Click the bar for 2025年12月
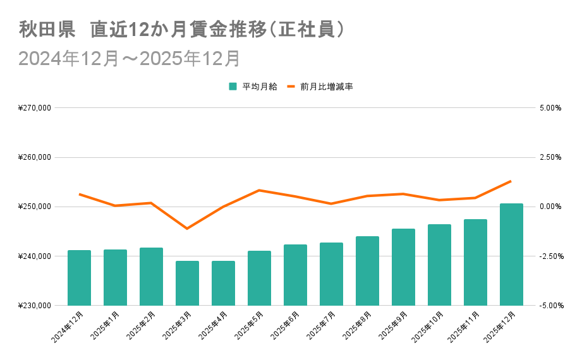[x=511, y=254]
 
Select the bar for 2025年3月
[x=187, y=283]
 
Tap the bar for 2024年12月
[x=79, y=278]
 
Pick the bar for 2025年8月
[x=367, y=271]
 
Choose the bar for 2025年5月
[x=259, y=278]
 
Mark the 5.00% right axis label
[x=550, y=108]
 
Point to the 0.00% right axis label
[x=550, y=207]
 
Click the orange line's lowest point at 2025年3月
[x=187, y=228]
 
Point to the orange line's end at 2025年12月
[x=511, y=181]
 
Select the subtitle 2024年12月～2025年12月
[x=130, y=58]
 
